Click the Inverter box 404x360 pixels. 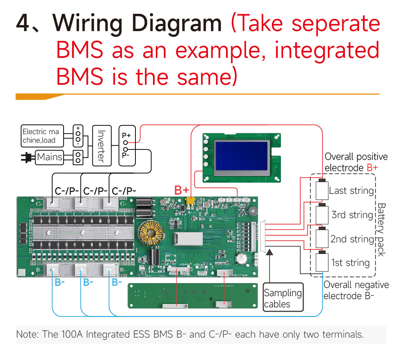[x=102, y=146]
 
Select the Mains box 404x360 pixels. [x=49, y=157]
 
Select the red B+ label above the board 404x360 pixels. [x=182, y=190]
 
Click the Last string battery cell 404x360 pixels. [x=321, y=190]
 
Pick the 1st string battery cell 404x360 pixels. [x=321, y=262]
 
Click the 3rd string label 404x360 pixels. [x=352, y=215]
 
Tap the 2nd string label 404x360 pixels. [x=352, y=239]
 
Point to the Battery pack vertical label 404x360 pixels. [x=381, y=229]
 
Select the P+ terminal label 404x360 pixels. [x=126, y=136]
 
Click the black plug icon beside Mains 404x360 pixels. [x=27, y=158]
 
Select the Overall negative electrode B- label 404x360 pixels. [x=356, y=291]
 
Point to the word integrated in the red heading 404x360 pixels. [x=327, y=50]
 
